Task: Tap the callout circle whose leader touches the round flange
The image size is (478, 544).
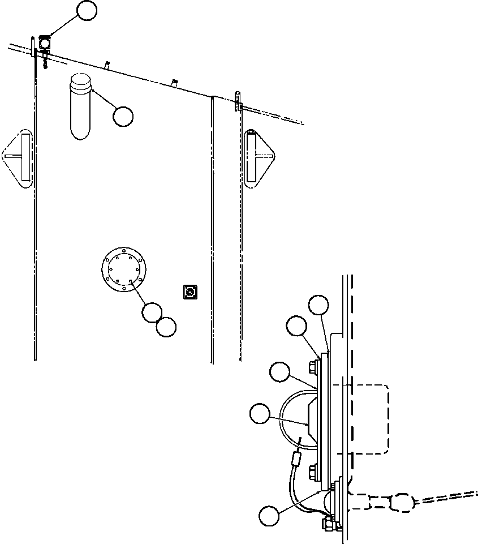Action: (x=152, y=312)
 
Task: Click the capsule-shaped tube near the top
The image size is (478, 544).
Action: (x=81, y=106)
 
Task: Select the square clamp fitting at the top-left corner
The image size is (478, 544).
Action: (x=44, y=42)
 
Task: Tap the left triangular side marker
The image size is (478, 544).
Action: (x=19, y=159)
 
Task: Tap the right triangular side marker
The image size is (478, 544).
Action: (x=259, y=157)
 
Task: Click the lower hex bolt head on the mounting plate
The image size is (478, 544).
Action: (x=313, y=472)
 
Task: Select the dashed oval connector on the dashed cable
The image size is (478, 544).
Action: (x=403, y=501)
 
